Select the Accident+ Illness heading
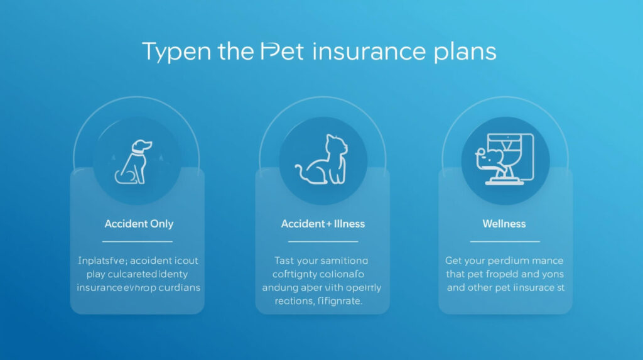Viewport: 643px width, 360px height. (323, 224)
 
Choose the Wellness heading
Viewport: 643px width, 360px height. (504, 224)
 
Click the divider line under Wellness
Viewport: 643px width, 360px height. (504, 241)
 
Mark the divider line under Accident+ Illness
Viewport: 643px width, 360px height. (323, 241)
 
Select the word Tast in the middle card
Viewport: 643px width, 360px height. (286, 260)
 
